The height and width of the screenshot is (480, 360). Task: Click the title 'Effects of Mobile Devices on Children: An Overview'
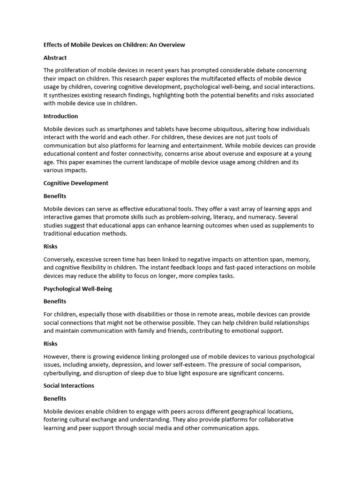tap(114, 45)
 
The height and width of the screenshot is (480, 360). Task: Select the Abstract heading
tap(55, 58)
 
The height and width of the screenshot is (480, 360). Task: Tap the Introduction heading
tap(61, 116)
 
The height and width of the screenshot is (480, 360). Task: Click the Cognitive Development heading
tap(76, 183)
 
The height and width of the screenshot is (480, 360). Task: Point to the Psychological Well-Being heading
tap(78, 289)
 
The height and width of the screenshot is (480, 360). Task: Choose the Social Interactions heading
tap(69, 385)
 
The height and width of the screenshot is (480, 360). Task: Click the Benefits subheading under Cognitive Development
tap(55, 196)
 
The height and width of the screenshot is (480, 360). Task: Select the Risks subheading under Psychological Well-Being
tap(51, 344)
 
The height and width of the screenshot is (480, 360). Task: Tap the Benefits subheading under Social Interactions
tap(55, 398)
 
